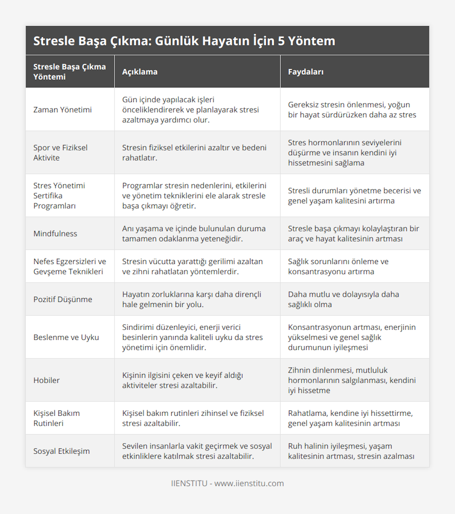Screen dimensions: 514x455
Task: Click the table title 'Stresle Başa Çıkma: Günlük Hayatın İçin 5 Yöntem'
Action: [184, 41]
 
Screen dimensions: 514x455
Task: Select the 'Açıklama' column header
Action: [140, 72]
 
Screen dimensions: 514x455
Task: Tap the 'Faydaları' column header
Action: [306, 72]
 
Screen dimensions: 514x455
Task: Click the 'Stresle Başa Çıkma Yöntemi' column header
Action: [69, 72]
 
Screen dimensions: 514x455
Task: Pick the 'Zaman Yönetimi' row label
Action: [63, 110]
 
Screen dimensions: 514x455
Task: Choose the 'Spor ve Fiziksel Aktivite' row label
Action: [60, 152]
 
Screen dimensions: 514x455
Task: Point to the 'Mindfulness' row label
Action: [55, 234]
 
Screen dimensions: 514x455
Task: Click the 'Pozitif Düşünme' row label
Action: [63, 299]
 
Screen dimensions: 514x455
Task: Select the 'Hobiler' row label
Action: [47, 380]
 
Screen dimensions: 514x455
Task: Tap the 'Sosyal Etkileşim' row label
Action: [62, 451]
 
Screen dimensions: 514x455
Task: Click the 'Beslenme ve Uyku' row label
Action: [66, 337]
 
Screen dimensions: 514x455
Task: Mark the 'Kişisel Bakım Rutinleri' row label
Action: [56, 418]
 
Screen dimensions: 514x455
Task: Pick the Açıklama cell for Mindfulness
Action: [194, 234]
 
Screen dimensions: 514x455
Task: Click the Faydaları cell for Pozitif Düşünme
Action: [344, 299]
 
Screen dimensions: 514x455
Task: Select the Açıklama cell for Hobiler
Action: [182, 380]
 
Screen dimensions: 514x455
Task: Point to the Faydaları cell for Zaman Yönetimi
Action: [352, 110]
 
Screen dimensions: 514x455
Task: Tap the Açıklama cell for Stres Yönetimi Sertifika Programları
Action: [194, 196]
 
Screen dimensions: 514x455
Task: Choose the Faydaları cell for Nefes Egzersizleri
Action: [338, 266]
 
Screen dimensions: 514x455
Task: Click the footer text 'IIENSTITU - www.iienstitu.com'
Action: [227, 483]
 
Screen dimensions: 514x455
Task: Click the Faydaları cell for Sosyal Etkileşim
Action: [351, 451]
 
